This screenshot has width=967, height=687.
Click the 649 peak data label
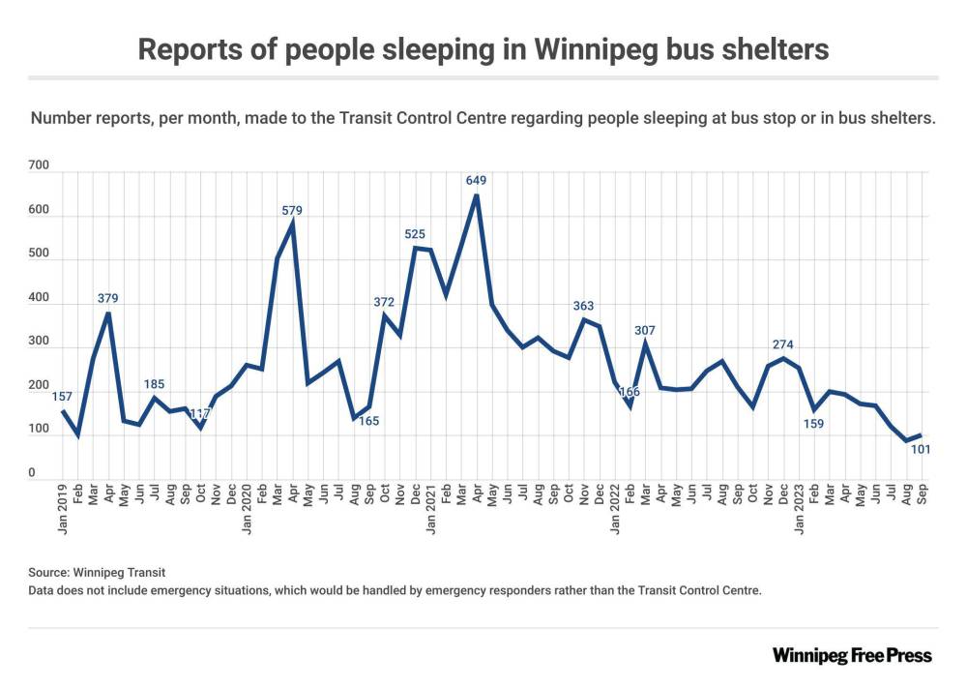[476, 180]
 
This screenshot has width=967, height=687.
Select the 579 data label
[293, 209]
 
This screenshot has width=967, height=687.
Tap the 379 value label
[108, 298]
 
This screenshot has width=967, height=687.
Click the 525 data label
[416, 233]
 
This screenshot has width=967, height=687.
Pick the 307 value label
[645, 330]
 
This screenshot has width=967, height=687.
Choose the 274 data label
[783, 344]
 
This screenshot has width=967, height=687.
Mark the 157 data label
[63, 397]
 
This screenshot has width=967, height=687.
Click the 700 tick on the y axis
[39, 167]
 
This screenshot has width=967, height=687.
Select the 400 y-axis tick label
[39, 299]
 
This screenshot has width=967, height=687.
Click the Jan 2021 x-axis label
[430, 509]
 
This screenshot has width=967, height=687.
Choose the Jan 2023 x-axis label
[799, 509]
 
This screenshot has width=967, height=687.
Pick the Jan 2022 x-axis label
[615, 509]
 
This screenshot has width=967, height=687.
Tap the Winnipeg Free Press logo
[852, 656]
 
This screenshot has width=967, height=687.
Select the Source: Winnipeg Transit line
[89, 573]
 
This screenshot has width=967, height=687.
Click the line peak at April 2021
[476, 195]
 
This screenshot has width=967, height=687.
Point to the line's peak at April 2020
[293, 224]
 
